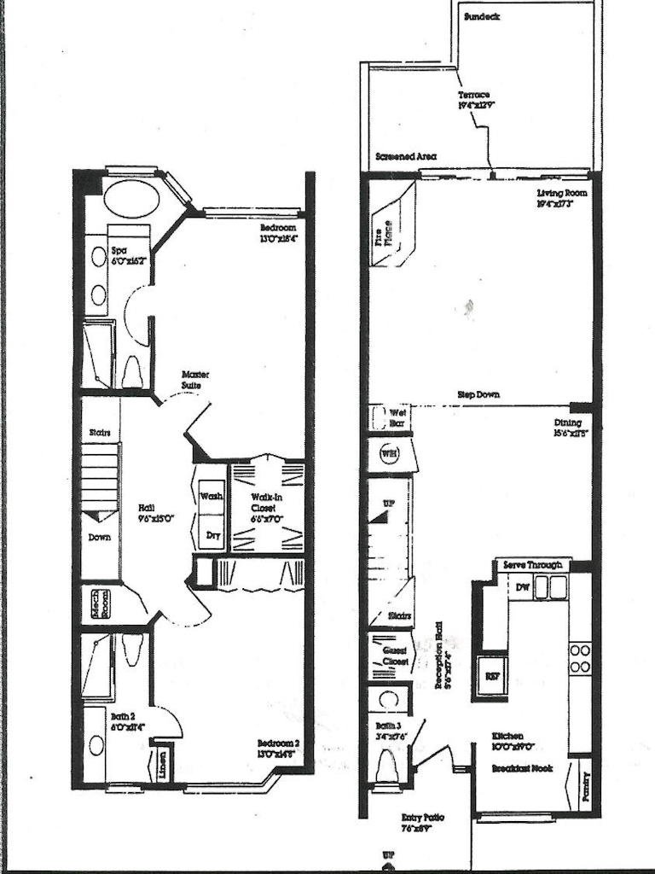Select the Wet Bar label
coord(396,417)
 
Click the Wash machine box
coord(211,496)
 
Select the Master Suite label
coord(195,381)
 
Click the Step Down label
coord(478,394)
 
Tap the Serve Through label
coord(533,565)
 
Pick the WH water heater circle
coord(389,453)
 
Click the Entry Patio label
coord(421,823)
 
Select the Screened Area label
coord(406,157)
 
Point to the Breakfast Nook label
coord(522,769)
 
